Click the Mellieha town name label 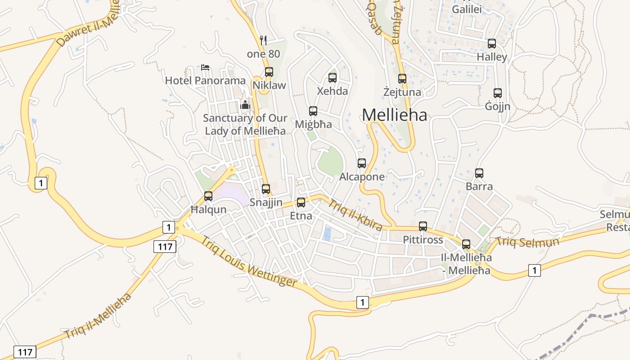pyautogui.click(x=394, y=115)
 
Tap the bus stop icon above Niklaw pyautogui.click(x=269, y=72)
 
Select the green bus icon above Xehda pyautogui.click(x=333, y=77)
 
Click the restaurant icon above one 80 pyautogui.click(x=263, y=40)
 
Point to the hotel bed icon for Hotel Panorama pyautogui.click(x=205, y=68)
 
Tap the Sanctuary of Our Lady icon pyautogui.click(x=245, y=105)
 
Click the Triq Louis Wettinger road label pyautogui.click(x=248, y=261)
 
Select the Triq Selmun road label pyautogui.click(x=527, y=242)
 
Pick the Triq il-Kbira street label pyautogui.click(x=355, y=215)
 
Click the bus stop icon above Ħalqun pyautogui.click(x=208, y=196)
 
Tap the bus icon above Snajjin pyautogui.click(x=266, y=189)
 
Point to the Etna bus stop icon pyautogui.click(x=301, y=202)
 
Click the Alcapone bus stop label pyautogui.click(x=362, y=177)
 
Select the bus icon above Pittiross pyautogui.click(x=423, y=226)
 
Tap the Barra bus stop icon pyautogui.click(x=479, y=173)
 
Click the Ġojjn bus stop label pyautogui.click(x=497, y=106)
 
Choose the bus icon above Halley pyautogui.click(x=492, y=44)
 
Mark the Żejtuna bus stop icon pyautogui.click(x=402, y=79)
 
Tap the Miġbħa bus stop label pyautogui.click(x=313, y=124)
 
